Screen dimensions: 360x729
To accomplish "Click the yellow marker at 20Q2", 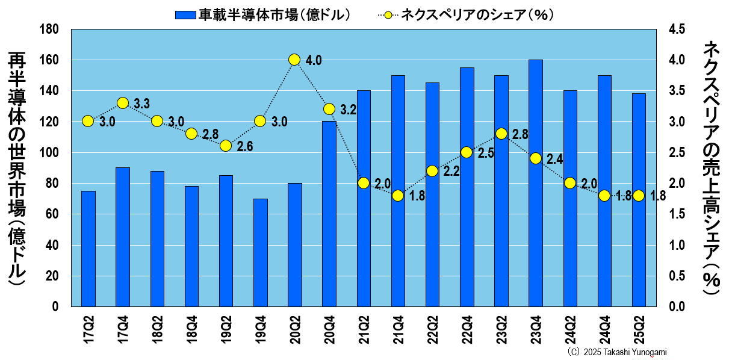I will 294,60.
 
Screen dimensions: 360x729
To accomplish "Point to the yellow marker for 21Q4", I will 397,196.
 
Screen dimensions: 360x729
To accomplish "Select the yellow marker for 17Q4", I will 123,103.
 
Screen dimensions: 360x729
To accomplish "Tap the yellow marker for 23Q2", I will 501,134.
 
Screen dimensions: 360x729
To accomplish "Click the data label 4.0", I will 314,60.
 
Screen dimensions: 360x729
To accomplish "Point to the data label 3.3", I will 141,104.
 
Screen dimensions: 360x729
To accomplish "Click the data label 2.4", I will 554,160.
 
